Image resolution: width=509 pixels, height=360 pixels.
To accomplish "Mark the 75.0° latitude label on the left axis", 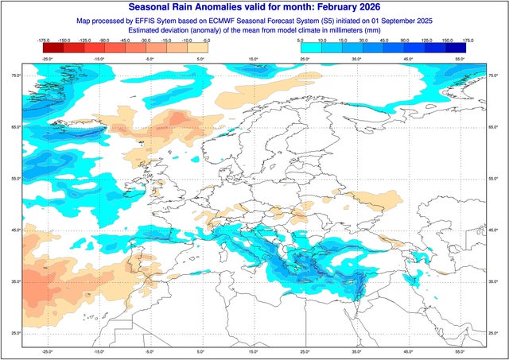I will click(x=14, y=75).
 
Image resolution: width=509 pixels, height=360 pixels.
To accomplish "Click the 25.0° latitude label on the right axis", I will click(x=494, y=333).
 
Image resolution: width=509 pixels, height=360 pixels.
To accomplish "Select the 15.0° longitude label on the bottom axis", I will click(x=253, y=350).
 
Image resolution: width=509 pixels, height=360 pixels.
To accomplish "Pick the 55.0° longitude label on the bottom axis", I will click(x=459, y=350).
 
